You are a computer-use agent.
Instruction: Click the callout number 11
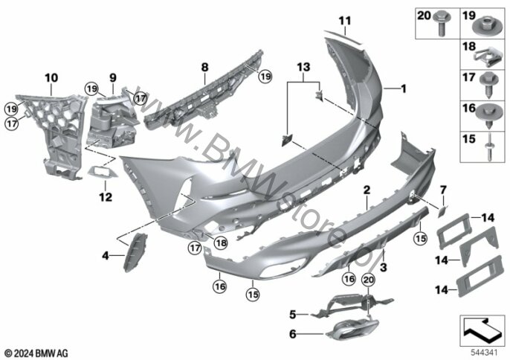point(344,19)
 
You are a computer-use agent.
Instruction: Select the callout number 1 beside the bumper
point(404,89)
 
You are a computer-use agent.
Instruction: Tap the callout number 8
point(204,65)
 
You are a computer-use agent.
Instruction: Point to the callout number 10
point(51,77)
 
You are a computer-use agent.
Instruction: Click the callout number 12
point(106,197)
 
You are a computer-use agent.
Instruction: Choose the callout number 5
point(293,314)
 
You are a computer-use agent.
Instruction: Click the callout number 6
point(293,335)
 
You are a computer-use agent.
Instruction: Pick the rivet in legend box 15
point(487,145)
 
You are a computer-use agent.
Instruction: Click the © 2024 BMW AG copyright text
point(36,351)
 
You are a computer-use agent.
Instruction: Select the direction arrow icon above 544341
point(482,324)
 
